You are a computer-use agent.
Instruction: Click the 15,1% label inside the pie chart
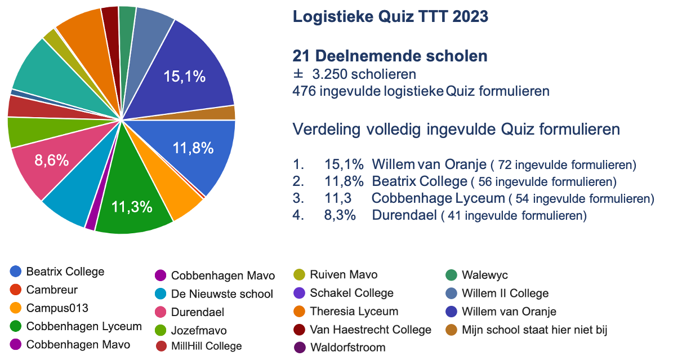pyautogui.click(x=184, y=77)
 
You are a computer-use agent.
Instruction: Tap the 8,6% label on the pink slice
pyautogui.click(x=51, y=161)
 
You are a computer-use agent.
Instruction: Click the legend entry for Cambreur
pyautogui.click(x=51, y=290)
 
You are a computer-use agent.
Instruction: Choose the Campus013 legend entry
pyautogui.click(x=57, y=308)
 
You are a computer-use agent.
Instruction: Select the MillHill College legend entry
pyautogui.click(x=206, y=346)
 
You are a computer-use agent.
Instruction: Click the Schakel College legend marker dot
pyautogui.click(x=299, y=293)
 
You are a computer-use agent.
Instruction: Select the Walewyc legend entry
pyautogui.click(x=484, y=275)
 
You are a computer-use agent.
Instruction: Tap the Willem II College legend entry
pyautogui.click(x=505, y=294)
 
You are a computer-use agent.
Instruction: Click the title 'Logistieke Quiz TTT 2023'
pyautogui.click(x=390, y=17)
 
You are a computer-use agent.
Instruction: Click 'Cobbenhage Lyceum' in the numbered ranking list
pyautogui.click(x=438, y=198)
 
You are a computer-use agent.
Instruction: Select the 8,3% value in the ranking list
pyautogui.click(x=340, y=215)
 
